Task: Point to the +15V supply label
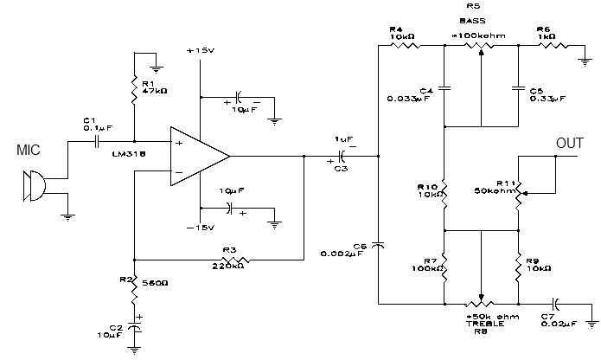click(199, 52)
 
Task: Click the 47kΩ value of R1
click(154, 90)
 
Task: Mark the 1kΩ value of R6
click(547, 36)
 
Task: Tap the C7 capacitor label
click(547, 317)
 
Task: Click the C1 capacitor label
click(89, 120)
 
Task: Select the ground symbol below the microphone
click(67, 217)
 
